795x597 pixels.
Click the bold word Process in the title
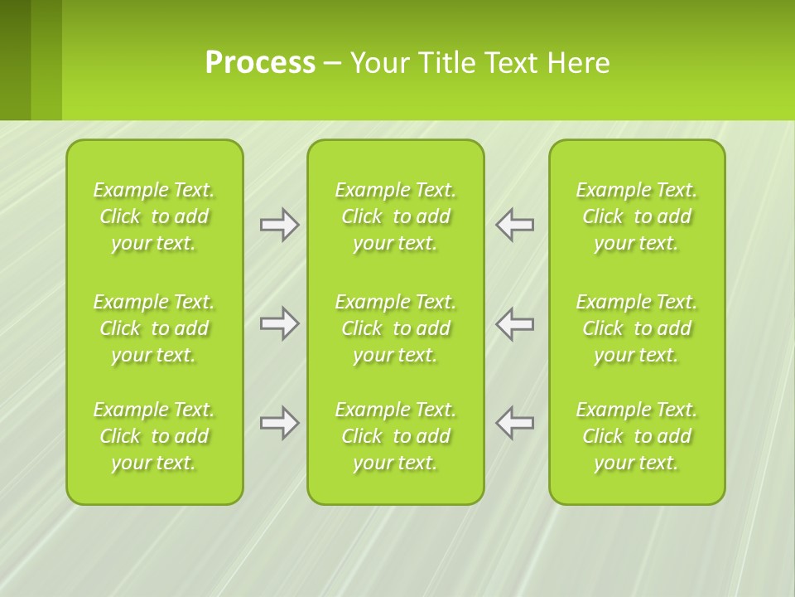coord(260,63)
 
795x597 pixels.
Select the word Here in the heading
coord(579,63)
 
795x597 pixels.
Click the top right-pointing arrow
coord(280,225)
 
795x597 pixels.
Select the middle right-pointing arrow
coord(280,323)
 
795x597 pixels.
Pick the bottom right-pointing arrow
coord(280,423)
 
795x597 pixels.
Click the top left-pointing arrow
coord(514,225)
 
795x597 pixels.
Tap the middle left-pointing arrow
coord(514,323)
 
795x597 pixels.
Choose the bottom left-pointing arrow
coord(514,423)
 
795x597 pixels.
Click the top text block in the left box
coord(154,216)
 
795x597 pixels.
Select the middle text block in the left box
coord(154,328)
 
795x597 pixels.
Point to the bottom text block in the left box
coord(154,436)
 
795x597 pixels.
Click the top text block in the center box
coord(395,216)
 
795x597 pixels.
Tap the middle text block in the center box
coord(395,328)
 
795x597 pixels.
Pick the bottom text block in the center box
coord(395,436)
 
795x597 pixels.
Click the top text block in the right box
coord(637,216)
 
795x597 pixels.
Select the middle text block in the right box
coord(637,328)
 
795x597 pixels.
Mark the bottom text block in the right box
coord(637,436)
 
